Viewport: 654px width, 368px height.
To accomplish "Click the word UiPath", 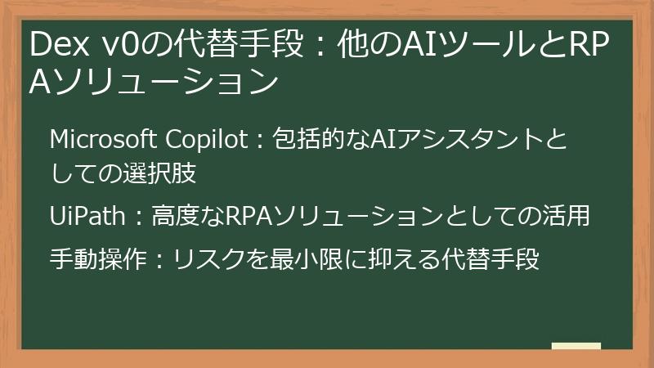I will coord(86,217).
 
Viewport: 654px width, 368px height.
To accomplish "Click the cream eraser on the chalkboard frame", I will coord(576,346).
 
